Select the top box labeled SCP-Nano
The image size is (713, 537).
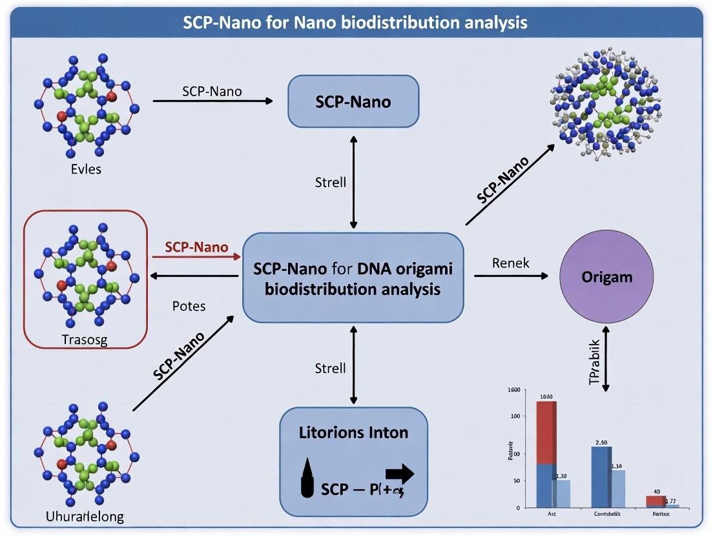pos(353,101)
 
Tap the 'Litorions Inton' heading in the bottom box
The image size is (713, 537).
pos(353,432)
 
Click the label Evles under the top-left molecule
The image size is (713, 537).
pos(86,170)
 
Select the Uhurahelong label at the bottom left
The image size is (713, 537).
pos(85,516)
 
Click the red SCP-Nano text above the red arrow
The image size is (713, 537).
pos(196,247)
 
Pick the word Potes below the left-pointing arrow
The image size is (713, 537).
pos(189,306)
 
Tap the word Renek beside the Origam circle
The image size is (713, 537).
pos(510,263)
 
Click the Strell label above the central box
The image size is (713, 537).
pos(330,182)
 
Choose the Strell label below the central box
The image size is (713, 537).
pos(330,369)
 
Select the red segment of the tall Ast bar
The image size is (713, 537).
pos(546,432)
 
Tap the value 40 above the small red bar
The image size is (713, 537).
pos(656,492)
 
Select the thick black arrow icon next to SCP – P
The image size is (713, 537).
pos(400,475)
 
